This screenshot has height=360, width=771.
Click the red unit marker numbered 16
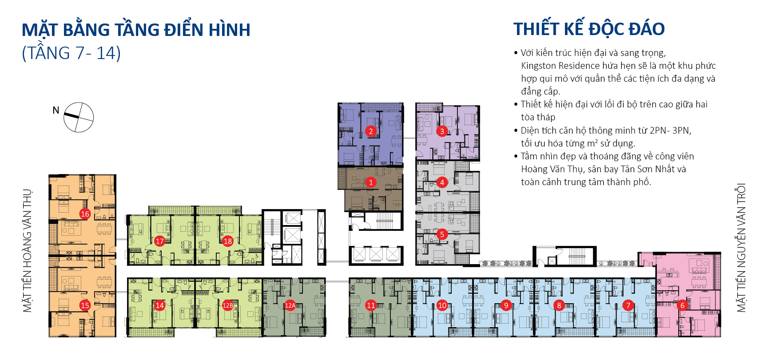coord(85,214)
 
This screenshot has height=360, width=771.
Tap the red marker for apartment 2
coord(371,131)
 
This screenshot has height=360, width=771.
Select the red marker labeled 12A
coord(290,305)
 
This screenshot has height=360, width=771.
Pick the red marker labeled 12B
coord(228,305)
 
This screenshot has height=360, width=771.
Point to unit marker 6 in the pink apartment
coord(683,305)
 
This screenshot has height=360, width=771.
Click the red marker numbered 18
coord(228,241)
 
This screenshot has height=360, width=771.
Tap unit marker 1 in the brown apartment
coord(371,182)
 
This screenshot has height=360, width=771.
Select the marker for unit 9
coord(506,305)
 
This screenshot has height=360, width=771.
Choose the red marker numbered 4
coord(442,182)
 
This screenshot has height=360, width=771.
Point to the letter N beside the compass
coord(56,110)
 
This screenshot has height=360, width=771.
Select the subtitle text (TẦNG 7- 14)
coord(71,53)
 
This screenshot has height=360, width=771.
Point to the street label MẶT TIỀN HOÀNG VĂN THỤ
coord(28,251)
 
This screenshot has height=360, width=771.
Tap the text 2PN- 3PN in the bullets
coord(670,131)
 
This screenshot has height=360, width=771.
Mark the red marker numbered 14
coord(159,305)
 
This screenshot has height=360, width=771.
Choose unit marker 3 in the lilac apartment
coord(442,131)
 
